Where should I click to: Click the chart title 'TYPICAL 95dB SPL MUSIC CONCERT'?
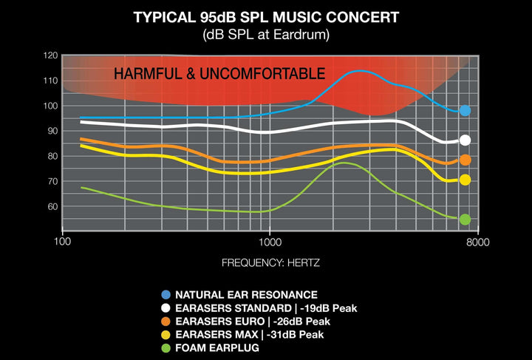266,16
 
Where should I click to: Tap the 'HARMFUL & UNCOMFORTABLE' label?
219,74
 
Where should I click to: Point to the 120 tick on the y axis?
50,55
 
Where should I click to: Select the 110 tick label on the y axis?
50,81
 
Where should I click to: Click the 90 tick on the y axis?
50,131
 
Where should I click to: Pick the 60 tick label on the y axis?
50,206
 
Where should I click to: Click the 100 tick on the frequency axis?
62,242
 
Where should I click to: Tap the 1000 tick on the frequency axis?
270,242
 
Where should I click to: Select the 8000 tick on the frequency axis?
478,242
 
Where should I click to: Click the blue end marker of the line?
465,111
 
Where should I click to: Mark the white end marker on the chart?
465,140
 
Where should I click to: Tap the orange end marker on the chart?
465,160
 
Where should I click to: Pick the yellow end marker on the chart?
465,180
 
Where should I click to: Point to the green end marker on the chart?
465,220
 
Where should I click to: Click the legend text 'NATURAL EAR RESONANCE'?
246,295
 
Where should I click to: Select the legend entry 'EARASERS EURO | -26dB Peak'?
253,322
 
